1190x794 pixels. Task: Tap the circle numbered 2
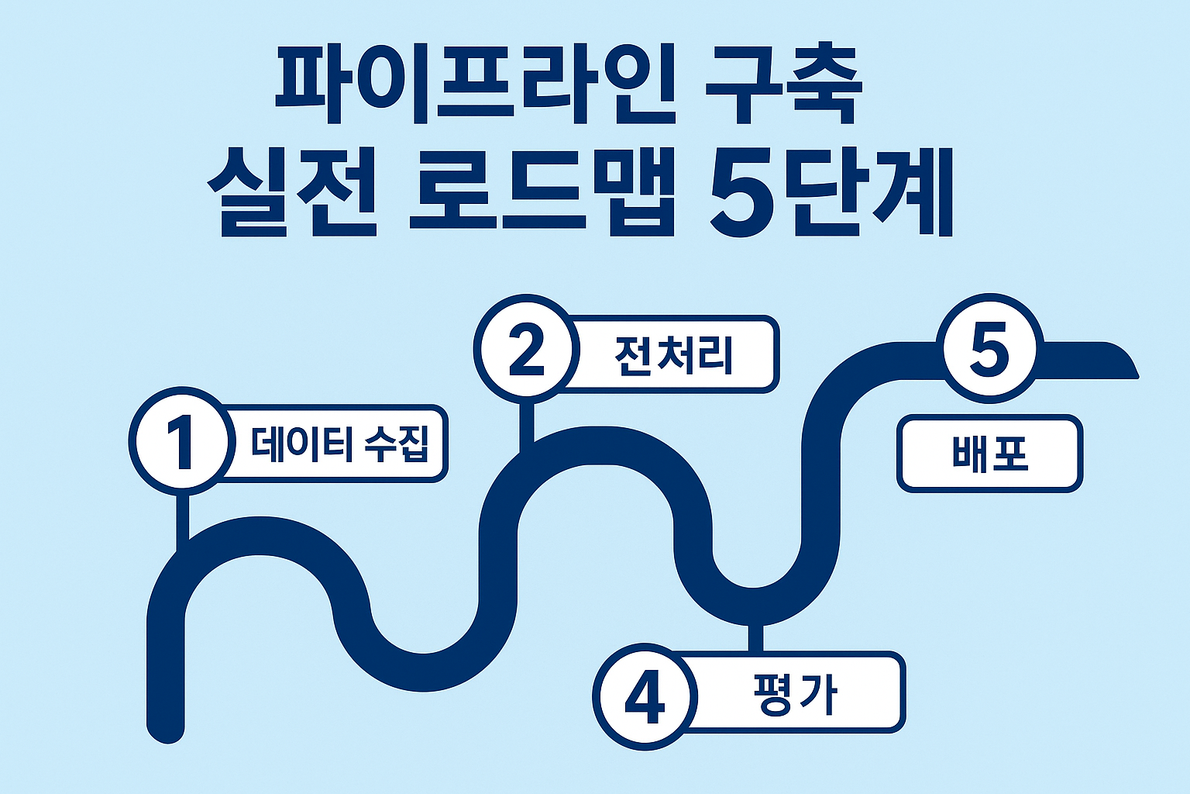coord(527,350)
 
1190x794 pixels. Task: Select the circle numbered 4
coord(645,696)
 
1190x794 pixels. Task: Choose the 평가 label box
coord(794,692)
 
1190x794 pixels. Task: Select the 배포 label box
coord(990,454)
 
